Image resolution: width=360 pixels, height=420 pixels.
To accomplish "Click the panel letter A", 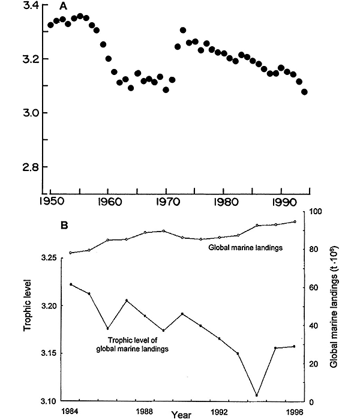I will (x=63, y=5).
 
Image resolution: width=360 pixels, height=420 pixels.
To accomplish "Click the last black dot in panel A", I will (x=305, y=92).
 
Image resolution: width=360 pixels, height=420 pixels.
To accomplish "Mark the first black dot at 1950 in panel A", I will (x=50, y=25).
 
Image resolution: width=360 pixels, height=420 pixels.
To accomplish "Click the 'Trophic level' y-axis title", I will (x=26, y=306).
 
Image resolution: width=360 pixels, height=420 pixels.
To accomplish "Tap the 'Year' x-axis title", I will (x=181, y=414).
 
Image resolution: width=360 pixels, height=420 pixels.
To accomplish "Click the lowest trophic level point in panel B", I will (x=257, y=395).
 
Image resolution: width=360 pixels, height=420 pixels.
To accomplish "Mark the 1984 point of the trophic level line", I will (x=71, y=284).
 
